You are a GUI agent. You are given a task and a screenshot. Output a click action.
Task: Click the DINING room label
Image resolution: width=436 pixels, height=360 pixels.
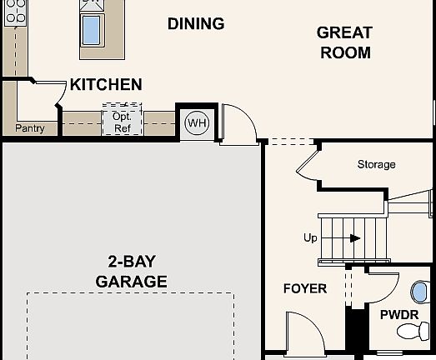[x=196, y=23]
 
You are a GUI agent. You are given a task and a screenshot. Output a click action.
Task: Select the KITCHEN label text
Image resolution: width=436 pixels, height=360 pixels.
[x=105, y=84]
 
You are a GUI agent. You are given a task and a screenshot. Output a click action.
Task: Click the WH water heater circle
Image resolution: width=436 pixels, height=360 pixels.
[x=197, y=123]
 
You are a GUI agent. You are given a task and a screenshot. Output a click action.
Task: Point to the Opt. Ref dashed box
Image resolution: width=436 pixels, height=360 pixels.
[x=122, y=122]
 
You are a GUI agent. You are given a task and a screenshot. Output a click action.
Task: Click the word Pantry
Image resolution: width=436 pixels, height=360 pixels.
[x=29, y=128]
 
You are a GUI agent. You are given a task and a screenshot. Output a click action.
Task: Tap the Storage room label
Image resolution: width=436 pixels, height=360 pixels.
[x=376, y=164]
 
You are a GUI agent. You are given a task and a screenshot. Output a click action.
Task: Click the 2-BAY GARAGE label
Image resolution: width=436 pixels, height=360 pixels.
[x=131, y=270]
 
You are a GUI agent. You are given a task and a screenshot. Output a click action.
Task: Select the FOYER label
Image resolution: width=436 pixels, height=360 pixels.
[x=304, y=288]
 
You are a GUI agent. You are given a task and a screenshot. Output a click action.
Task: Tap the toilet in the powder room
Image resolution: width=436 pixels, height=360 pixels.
[x=413, y=332]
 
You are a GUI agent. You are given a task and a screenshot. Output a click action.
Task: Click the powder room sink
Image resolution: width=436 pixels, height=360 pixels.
[x=419, y=292]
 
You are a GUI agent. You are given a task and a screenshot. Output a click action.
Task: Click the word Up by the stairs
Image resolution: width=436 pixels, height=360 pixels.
[x=310, y=238]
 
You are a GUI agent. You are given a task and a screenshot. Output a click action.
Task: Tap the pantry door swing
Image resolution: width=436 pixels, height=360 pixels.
[x=52, y=91]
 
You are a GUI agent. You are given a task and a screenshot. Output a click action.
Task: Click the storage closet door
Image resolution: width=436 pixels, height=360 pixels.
[x=306, y=164]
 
